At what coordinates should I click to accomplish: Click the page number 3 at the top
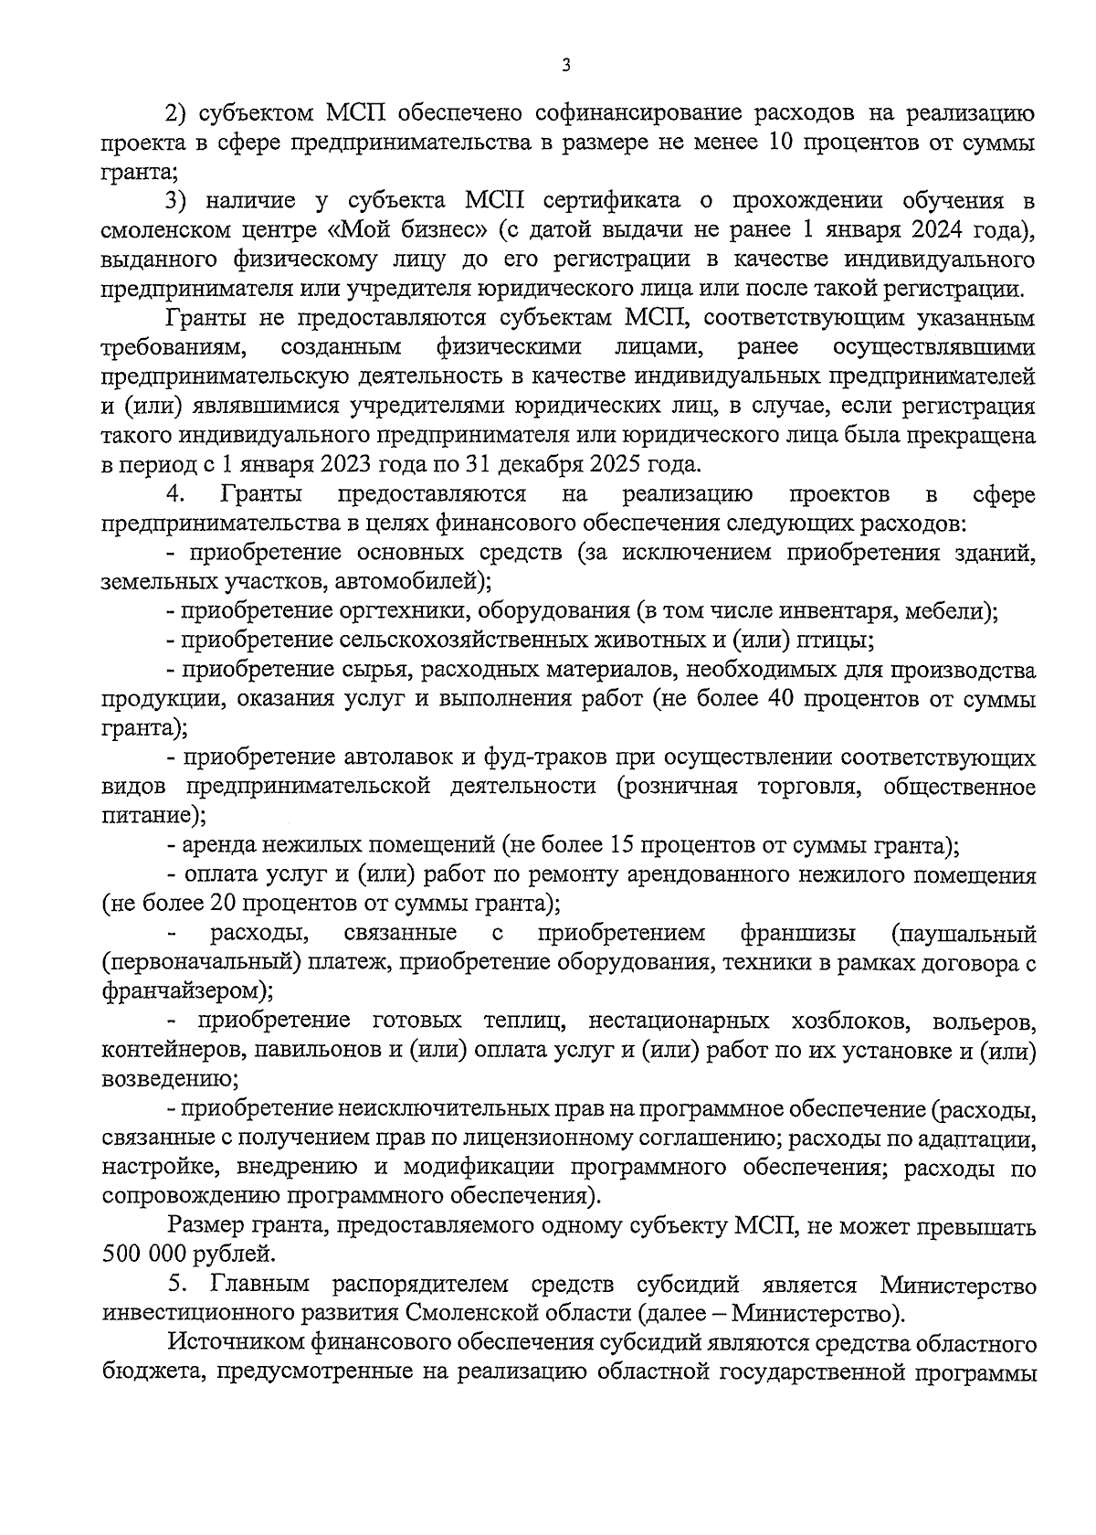(x=566, y=65)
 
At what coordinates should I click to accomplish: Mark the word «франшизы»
(x=798, y=933)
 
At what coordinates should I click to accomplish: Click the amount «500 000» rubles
(x=145, y=1254)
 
